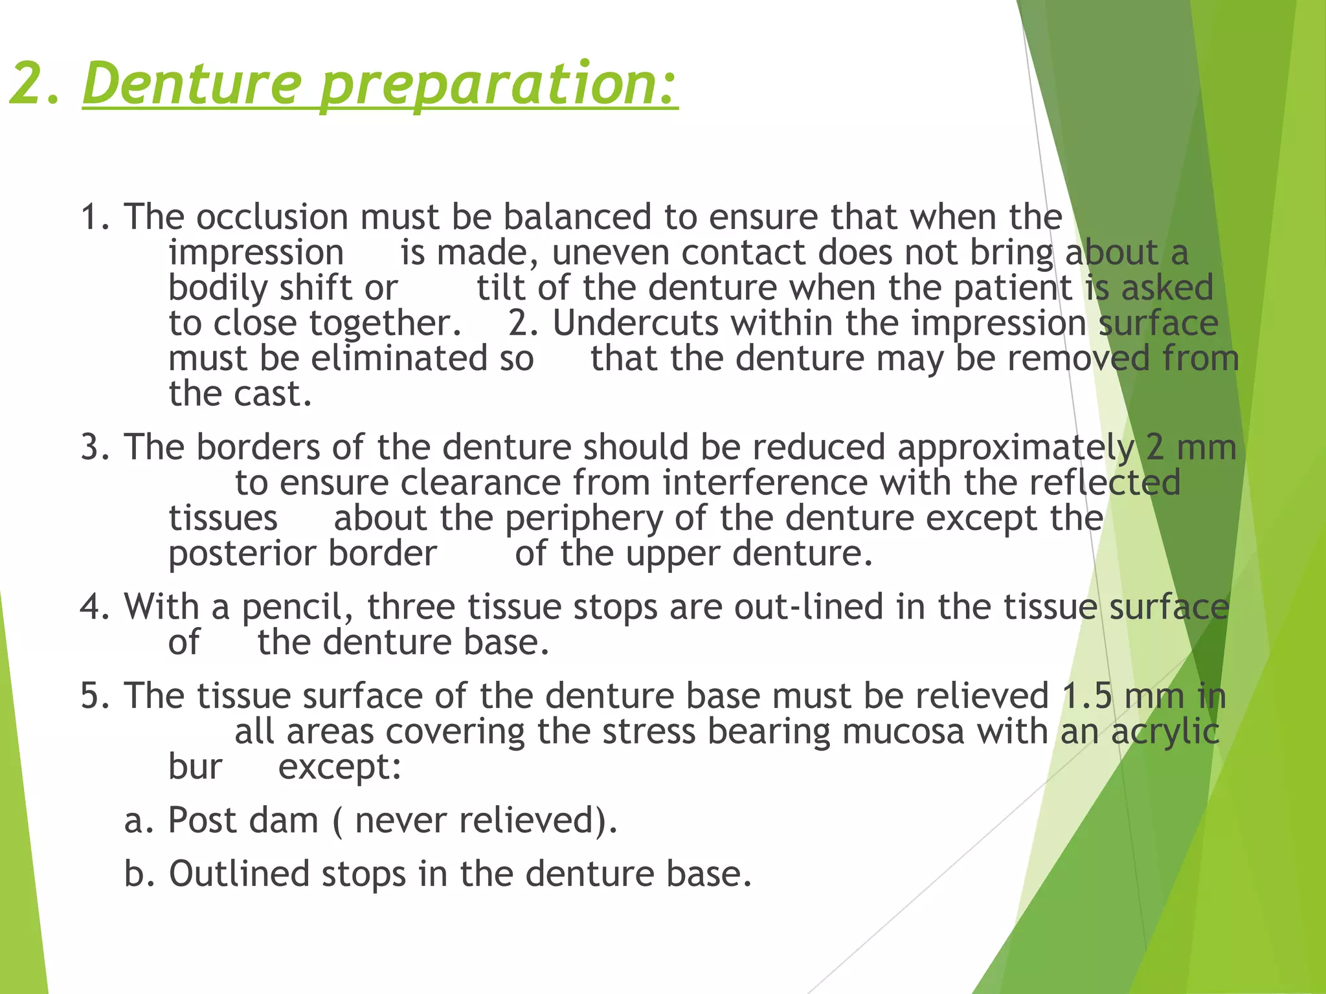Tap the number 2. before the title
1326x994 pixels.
pyautogui.click(x=36, y=84)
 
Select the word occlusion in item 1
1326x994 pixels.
pyautogui.click(x=272, y=217)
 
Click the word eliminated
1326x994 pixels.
pyautogui.click(x=399, y=359)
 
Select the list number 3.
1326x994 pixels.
pyautogui.click(x=96, y=448)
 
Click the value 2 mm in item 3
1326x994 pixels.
pyautogui.click(x=1191, y=448)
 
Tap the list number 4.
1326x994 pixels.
pyautogui.click(x=96, y=607)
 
